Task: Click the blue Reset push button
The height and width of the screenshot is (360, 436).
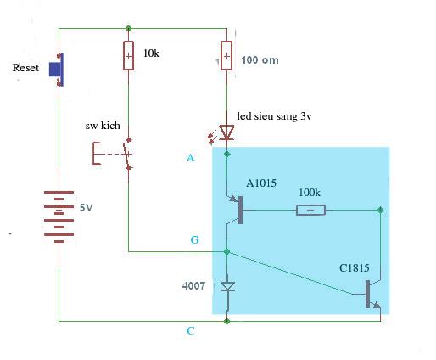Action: (x=57, y=70)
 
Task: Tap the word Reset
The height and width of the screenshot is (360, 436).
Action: (x=25, y=68)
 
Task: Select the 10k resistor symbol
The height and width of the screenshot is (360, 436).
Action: (x=128, y=56)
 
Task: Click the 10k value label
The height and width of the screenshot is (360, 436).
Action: (x=151, y=53)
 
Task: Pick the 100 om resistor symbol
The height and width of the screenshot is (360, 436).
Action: (x=226, y=56)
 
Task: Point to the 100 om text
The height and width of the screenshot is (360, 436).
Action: (x=260, y=60)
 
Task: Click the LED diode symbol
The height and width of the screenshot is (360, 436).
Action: (x=226, y=132)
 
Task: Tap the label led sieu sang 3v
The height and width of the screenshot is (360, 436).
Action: (x=274, y=116)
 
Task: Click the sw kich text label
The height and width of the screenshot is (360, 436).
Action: (x=103, y=126)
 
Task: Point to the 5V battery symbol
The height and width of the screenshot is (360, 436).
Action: (x=59, y=217)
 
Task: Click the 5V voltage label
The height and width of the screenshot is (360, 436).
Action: (x=86, y=208)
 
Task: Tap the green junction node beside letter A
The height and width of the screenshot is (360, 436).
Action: (x=226, y=154)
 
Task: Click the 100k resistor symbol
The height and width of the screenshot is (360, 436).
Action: (x=310, y=211)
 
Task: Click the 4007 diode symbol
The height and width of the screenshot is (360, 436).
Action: (x=227, y=286)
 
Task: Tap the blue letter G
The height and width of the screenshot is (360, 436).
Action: (x=194, y=240)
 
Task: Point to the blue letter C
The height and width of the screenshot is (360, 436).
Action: (x=191, y=330)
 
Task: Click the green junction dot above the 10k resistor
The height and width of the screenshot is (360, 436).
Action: (x=128, y=28)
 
